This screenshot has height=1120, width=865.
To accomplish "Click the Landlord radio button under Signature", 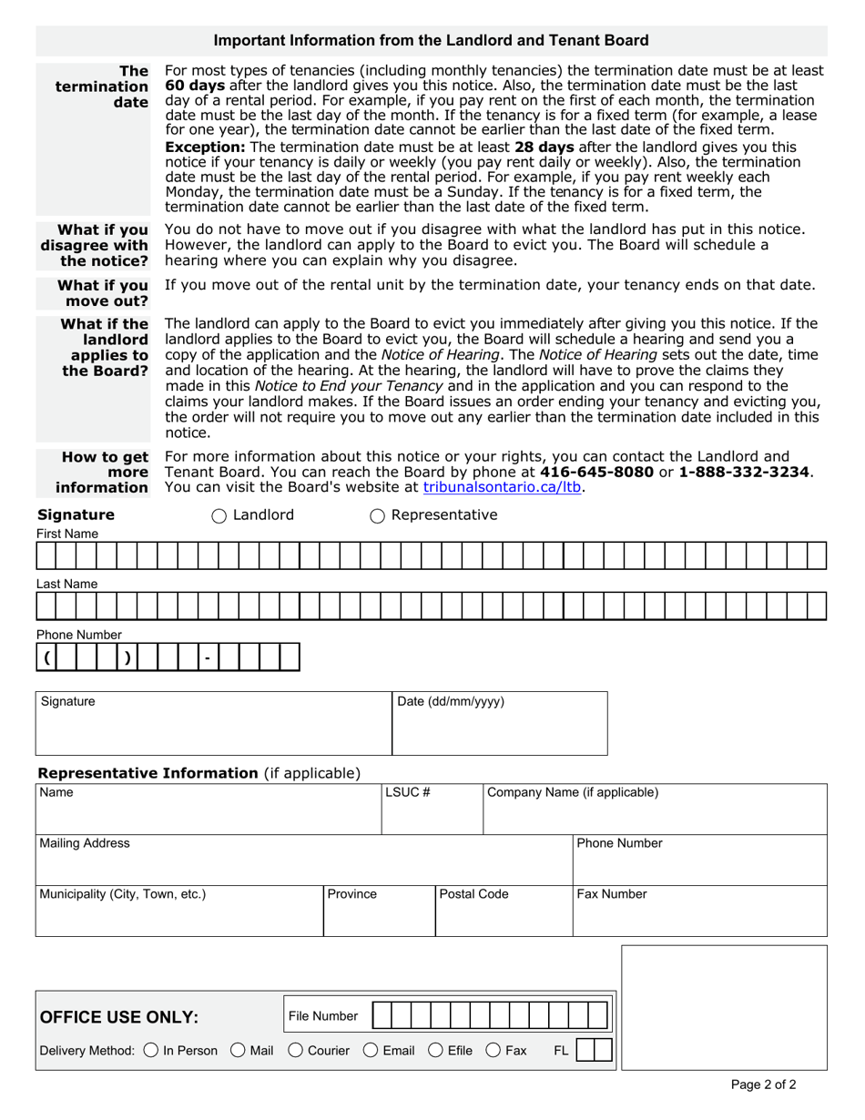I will click(219, 516).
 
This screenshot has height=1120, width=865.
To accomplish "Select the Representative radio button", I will click(377, 516).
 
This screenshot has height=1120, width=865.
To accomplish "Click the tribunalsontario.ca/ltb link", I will click(502, 487).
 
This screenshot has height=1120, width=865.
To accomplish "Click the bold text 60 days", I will click(195, 85).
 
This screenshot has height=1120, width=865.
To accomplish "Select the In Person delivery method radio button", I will click(151, 1051).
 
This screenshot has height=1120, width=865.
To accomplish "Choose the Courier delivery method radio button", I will click(296, 1051).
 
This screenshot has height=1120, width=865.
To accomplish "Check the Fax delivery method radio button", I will click(494, 1051).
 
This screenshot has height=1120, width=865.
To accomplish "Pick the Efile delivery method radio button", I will click(435, 1051).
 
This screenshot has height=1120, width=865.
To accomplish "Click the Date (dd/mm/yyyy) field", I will click(499, 728).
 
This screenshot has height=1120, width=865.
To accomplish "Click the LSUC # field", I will click(432, 812).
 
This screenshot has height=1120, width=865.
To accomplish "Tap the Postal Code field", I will click(504, 914).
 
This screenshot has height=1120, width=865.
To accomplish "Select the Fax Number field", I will click(698, 914).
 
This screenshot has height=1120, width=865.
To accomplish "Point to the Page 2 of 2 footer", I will click(763, 1084).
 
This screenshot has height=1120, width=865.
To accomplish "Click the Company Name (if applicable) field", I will click(654, 812).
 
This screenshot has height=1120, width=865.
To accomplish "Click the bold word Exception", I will click(205, 147).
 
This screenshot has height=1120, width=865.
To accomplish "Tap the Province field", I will click(379, 914).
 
